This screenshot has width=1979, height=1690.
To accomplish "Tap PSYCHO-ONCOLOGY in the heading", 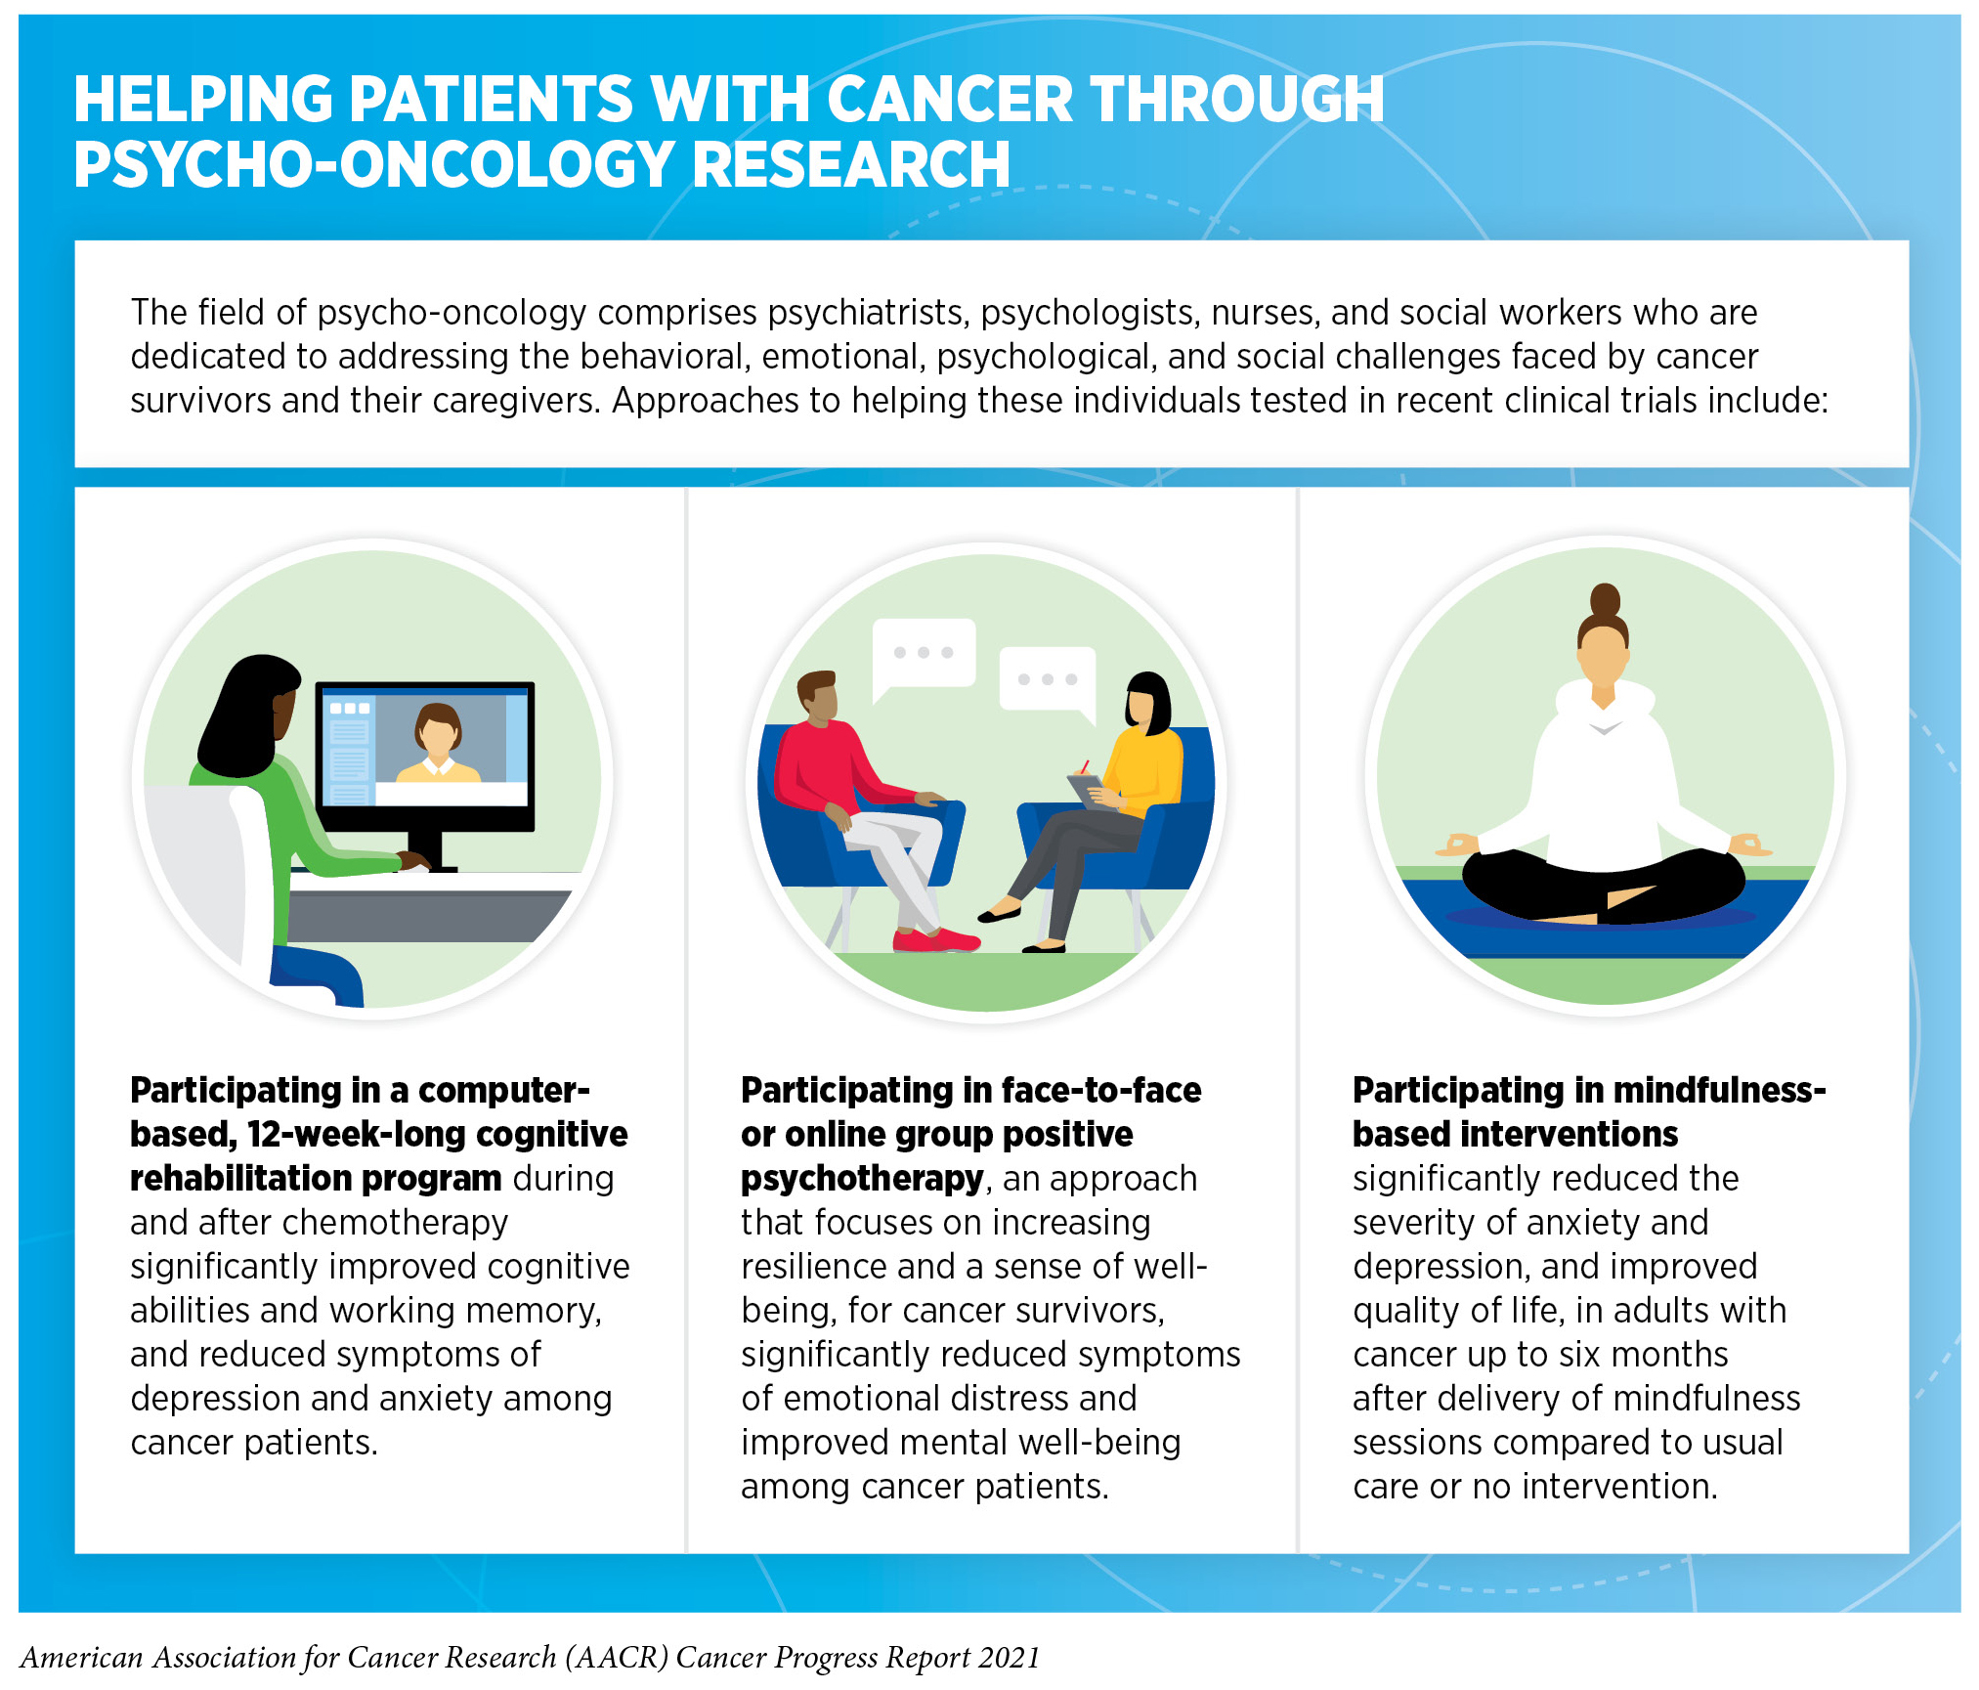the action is (374, 163).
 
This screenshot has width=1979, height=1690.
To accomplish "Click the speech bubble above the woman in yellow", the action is (1048, 681).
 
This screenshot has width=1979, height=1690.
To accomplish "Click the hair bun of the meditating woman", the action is (1605, 599).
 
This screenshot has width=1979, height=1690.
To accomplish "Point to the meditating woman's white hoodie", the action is (1603, 782).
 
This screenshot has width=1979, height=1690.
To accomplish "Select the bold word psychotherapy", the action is (861, 1179).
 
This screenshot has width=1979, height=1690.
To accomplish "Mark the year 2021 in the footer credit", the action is (1010, 1657).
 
